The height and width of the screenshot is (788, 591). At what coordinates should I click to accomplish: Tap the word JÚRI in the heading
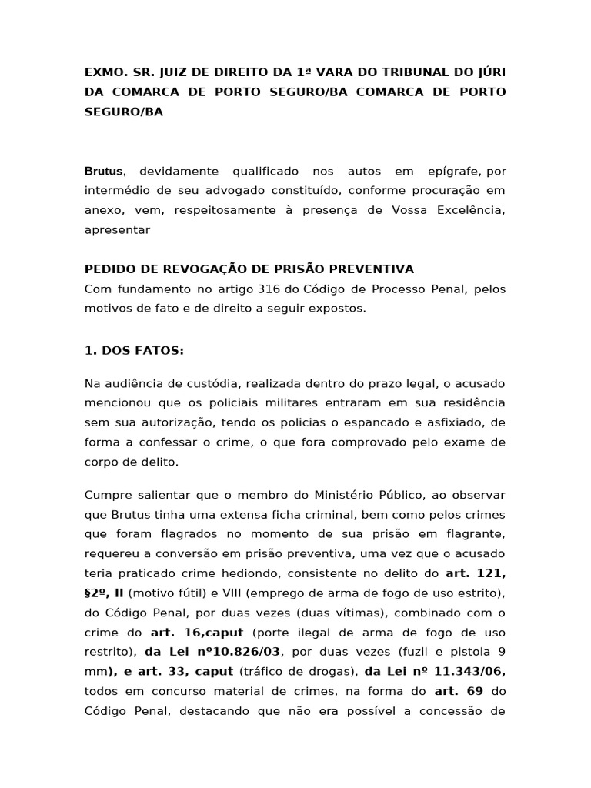click(489, 72)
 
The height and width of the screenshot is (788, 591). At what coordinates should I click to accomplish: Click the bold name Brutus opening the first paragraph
click(104, 170)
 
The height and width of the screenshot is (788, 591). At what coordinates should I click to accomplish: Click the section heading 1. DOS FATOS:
click(134, 350)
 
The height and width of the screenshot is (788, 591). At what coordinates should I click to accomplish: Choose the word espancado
click(376, 422)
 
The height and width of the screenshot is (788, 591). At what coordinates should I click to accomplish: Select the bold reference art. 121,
click(476, 573)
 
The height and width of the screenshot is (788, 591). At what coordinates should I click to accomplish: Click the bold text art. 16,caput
click(197, 632)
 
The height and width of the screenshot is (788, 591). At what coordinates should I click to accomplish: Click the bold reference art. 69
click(459, 692)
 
